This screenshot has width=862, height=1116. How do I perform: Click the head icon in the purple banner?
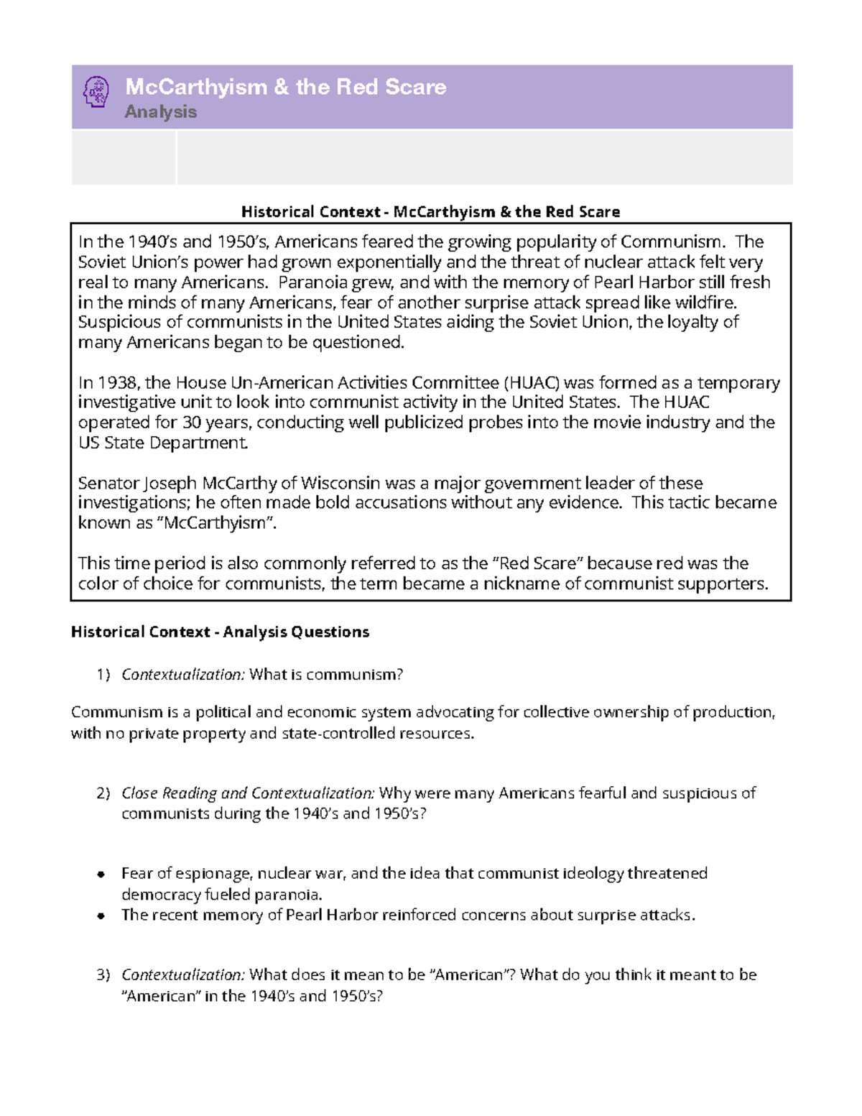(96, 93)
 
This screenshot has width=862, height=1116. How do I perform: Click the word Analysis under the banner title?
(160, 112)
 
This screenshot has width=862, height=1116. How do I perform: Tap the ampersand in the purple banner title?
(281, 87)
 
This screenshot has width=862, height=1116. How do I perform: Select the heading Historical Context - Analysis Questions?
(220, 632)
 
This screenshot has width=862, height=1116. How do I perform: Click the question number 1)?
(103, 675)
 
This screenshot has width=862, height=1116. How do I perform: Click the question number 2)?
(103, 793)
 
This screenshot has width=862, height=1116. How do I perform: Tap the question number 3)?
(103, 975)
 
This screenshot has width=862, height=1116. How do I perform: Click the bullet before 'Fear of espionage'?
(101, 875)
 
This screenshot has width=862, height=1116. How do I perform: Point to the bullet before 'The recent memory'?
(101, 916)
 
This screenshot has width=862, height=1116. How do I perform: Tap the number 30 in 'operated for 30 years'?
(191, 423)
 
